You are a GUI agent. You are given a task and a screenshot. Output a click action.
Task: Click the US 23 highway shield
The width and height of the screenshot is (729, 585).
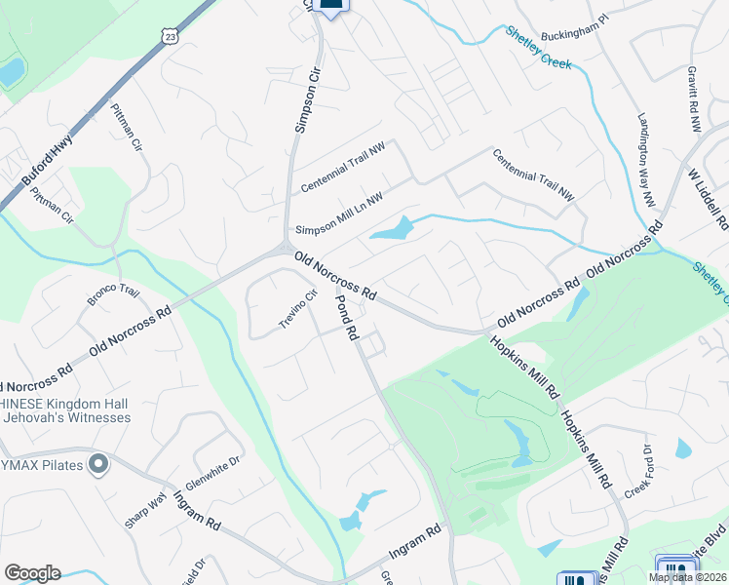coord(172,35)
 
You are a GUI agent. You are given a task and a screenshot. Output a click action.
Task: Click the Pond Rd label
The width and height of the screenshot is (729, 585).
coord(348,318)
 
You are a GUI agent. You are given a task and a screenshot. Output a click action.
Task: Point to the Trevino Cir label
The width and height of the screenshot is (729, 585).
coord(299,309)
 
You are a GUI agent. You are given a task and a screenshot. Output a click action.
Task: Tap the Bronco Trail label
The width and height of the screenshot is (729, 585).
coord(114,294)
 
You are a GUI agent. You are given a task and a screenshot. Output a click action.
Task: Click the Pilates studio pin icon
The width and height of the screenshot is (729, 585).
coord(96,464)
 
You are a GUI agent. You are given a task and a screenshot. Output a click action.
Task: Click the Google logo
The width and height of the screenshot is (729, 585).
coord(32,573)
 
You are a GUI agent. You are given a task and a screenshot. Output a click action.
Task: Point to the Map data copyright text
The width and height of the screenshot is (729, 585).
coord(687,577)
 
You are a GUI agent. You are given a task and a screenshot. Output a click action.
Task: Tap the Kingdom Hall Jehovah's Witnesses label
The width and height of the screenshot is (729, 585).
coord(65,409)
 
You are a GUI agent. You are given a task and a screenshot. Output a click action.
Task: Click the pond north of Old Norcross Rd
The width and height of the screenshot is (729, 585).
coord(392,230)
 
